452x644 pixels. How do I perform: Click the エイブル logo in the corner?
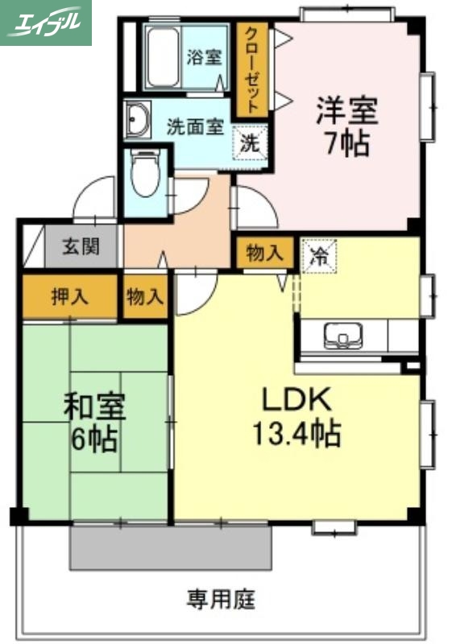[x=46, y=22]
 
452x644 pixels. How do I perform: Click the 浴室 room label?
[x=204, y=57]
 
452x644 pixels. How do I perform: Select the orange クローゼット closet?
[x=252, y=70]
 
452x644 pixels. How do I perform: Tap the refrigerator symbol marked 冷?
[x=319, y=256]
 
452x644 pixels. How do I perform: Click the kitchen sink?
[x=346, y=335]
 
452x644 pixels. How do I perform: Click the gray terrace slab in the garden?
[x=170, y=549]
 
